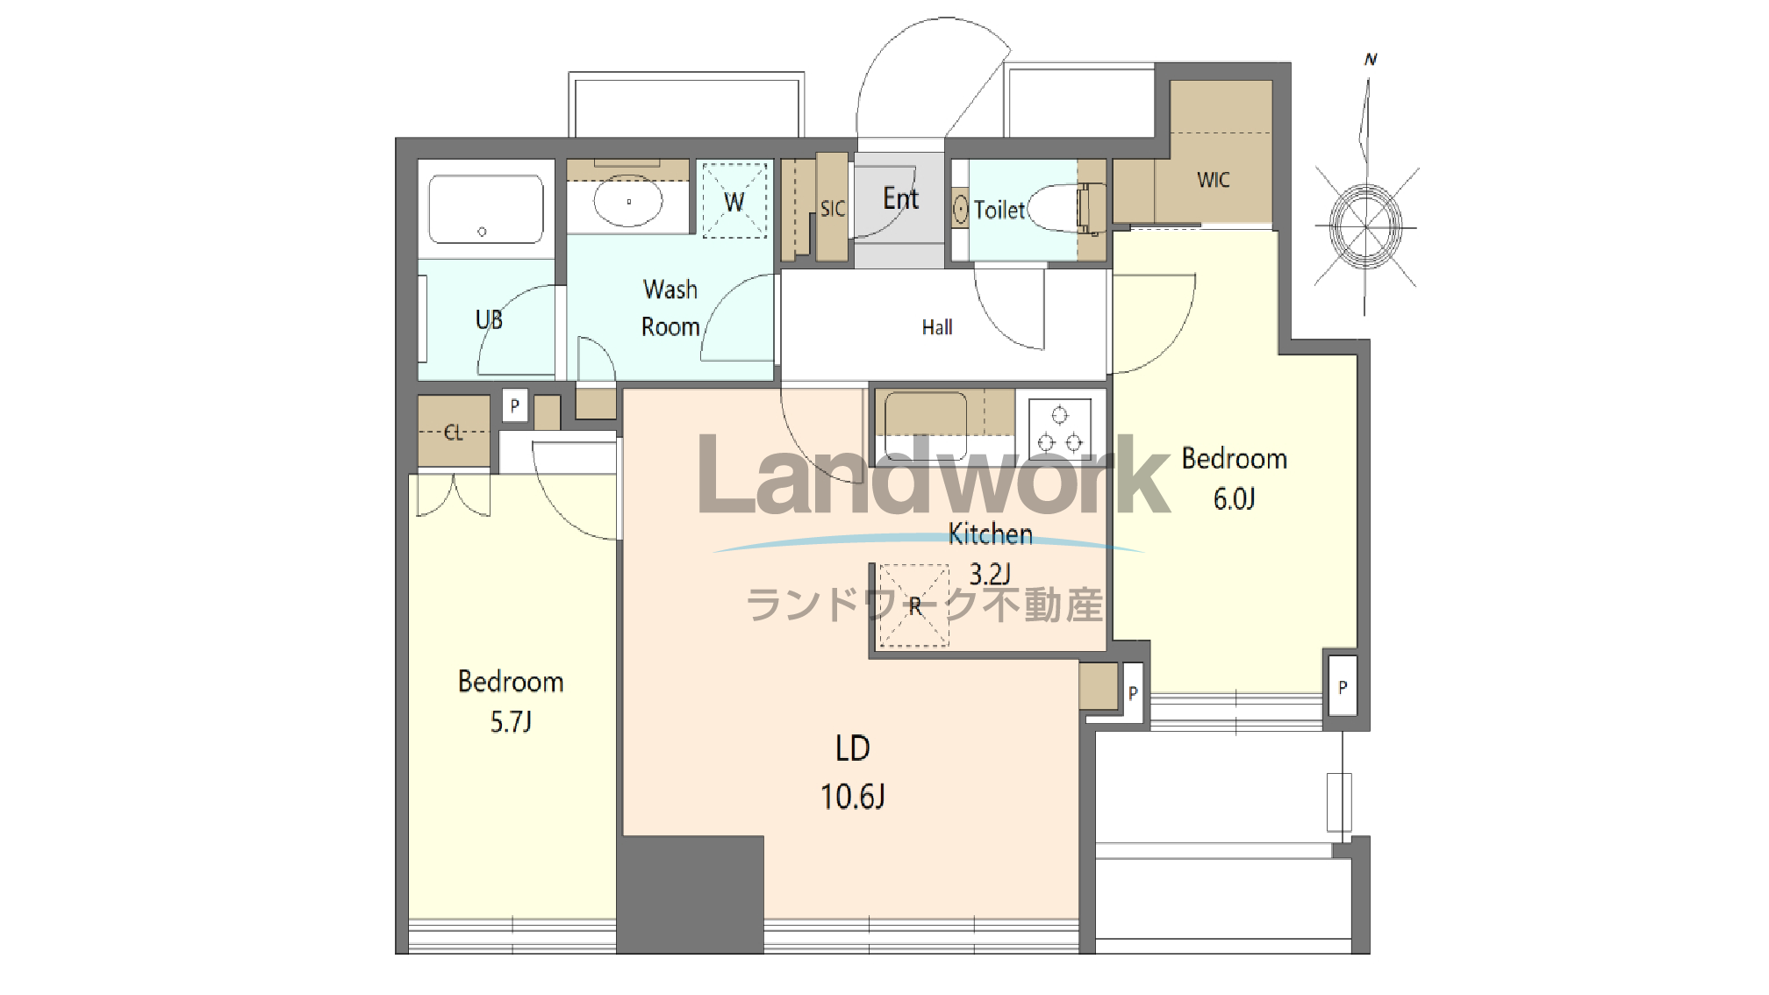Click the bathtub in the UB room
485,209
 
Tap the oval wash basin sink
628,201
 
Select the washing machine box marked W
734,200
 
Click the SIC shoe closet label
833,209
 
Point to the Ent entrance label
900,198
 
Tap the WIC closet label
1213,180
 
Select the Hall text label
937,327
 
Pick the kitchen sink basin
926,426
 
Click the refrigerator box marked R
913,605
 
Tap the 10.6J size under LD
852,797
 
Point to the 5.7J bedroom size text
511,722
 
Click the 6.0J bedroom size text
1234,499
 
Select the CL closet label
453,433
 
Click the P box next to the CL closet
515,406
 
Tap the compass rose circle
1365,227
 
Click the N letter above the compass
1371,60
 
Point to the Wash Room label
670,308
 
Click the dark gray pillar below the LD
691,894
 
